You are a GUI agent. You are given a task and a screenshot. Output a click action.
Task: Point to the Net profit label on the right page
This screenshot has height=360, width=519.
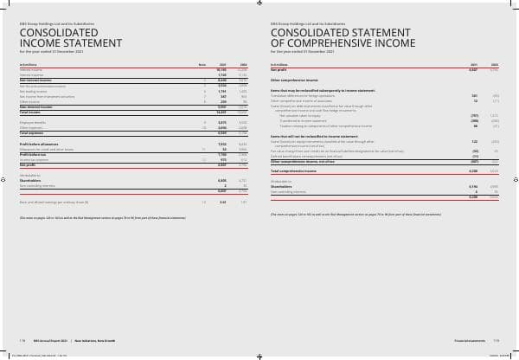click(279, 69)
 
